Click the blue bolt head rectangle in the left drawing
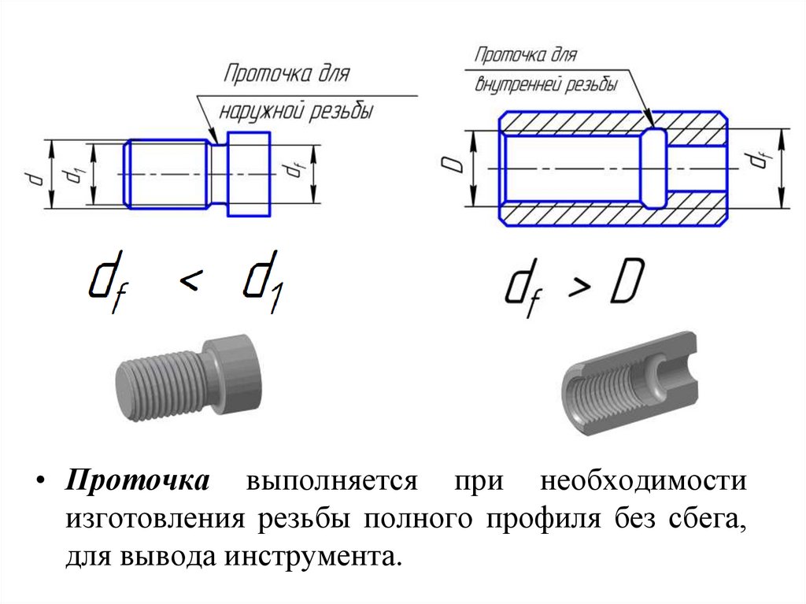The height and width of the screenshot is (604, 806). point(249,174)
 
